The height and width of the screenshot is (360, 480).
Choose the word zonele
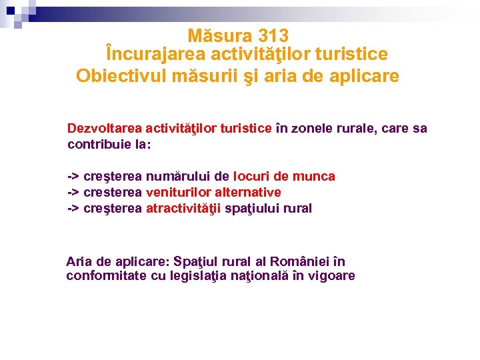(x=311, y=128)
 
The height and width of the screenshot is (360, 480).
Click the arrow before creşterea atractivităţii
(x=73, y=208)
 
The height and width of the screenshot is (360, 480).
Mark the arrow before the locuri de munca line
(x=73, y=176)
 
